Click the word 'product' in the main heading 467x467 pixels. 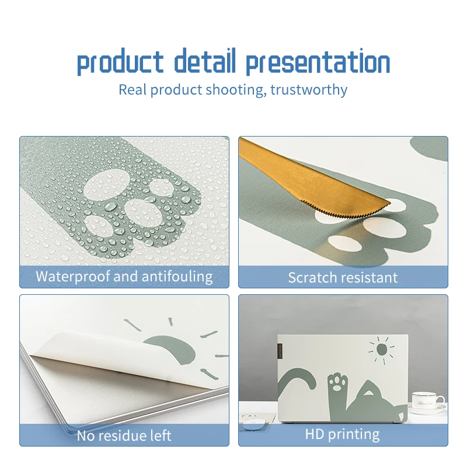pos(120,62)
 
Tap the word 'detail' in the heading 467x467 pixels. pos(205,61)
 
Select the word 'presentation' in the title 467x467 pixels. pos(318,62)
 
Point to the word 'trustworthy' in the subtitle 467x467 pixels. pos(309,89)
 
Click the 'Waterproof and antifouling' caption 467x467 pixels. pos(124,276)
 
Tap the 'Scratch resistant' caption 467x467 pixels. pos(343,278)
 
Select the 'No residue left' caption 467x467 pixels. pos(124,435)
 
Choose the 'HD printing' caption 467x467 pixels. pos(342,434)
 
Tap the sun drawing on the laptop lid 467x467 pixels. pos(382,350)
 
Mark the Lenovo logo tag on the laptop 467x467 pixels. pos(280,351)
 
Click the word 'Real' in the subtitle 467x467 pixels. pos(133,89)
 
